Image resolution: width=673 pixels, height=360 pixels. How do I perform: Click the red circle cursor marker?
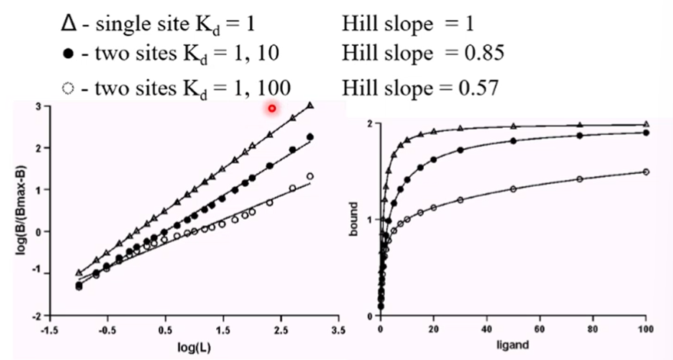coord(272,109)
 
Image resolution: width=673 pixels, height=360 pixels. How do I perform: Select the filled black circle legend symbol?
coord(69,55)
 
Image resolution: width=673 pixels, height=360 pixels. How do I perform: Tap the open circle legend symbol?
coord(69,87)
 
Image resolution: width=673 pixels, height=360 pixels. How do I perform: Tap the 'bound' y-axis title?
coord(354,221)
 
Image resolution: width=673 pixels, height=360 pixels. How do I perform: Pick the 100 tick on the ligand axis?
coord(645,329)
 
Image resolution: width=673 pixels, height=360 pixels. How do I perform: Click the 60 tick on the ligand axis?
coord(540,329)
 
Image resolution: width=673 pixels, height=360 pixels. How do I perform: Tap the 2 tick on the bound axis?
coord(369,123)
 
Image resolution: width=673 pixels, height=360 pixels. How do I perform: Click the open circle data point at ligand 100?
coord(645,172)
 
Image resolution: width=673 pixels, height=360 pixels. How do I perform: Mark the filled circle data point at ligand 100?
coord(645,133)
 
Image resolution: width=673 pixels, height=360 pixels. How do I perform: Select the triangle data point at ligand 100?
coord(645,124)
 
